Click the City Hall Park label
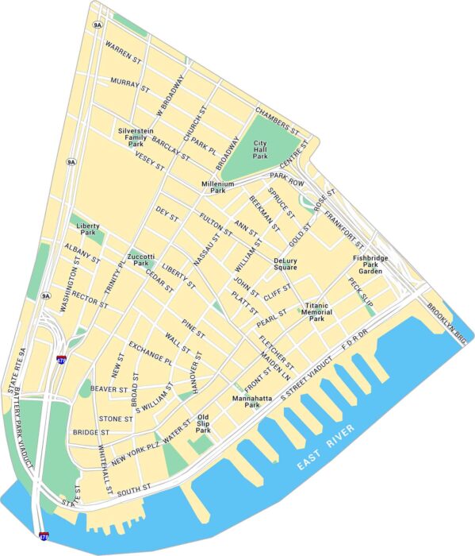click(261, 150)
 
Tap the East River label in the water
click(327, 452)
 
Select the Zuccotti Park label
click(140, 259)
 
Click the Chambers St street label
click(276, 120)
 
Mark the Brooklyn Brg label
click(447, 317)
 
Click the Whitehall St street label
click(105, 467)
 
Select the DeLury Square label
click(285, 264)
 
